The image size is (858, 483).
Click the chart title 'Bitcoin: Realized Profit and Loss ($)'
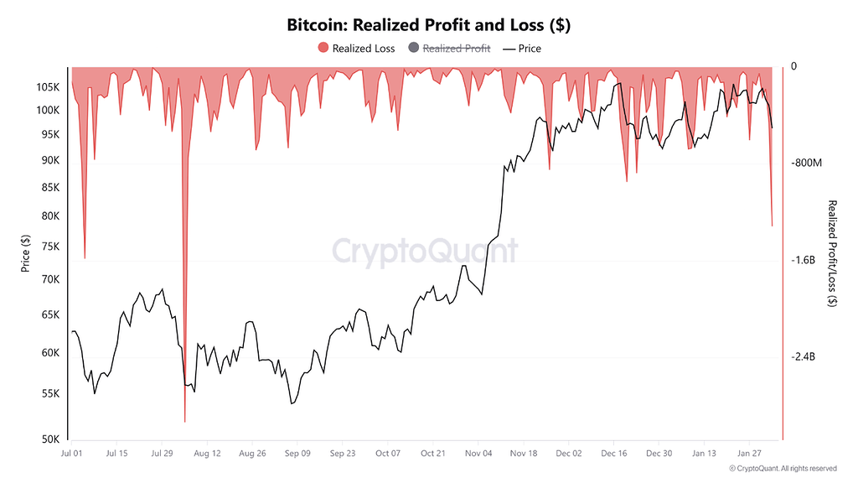coord(428,25)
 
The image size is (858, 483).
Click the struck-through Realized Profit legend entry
coord(448,49)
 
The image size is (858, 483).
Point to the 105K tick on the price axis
coord(47,87)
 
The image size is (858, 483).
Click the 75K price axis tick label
coord(49,247)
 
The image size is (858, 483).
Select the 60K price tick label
coord(49,353)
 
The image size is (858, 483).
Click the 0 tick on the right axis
coord(794,66)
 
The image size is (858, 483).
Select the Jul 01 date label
coord(71,454)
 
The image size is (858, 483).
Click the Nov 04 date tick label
coord(478,454)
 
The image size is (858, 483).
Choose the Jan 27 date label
coord(749,454)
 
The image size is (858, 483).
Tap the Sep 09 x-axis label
coord(297,454)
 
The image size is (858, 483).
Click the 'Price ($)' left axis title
coord(26,253)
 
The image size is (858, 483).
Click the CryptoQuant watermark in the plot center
coord(426,251)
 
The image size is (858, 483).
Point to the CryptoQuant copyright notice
coord(782,468)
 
